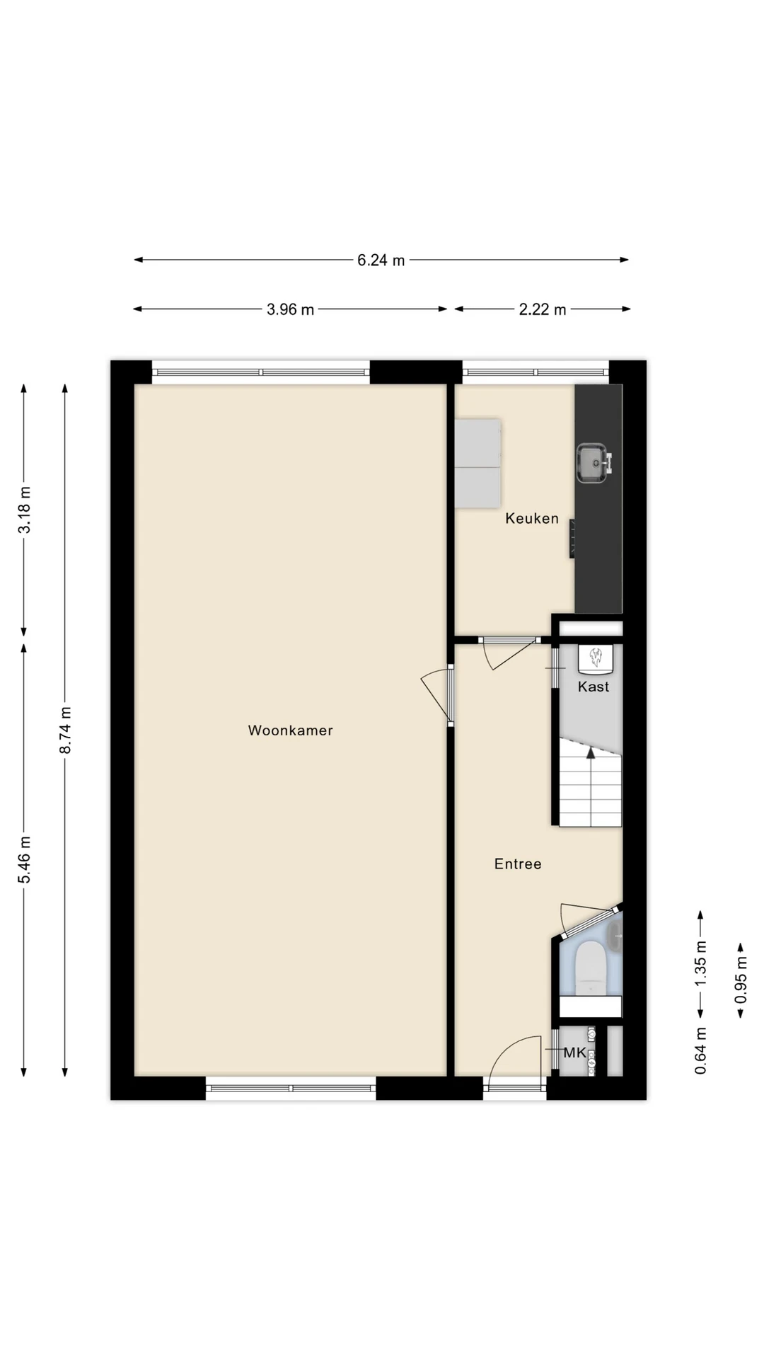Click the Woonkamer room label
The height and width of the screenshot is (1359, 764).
pos(290,730)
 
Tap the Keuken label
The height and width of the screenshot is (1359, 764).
pos(532,519)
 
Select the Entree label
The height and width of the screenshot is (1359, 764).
pos(518,864)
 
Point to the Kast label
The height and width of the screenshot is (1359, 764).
pos(593,687)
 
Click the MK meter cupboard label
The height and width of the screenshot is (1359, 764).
pos(574,1053)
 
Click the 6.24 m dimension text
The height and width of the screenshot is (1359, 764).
pos(381,260)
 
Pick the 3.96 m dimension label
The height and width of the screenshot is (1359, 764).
pos(290,309)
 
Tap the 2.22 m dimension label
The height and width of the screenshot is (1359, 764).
pos(543,309)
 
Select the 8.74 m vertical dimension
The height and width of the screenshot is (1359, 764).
pos(65,730)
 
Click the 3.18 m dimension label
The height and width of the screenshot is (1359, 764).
pos(24,510)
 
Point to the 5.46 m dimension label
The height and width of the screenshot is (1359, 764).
pos(24,859)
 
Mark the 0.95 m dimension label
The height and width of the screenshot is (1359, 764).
pos(741,980)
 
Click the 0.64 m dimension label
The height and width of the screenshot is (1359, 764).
pos(700,1050)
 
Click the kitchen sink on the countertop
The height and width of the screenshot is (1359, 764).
pos(593,463)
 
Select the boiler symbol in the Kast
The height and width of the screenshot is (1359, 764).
pos(595,659)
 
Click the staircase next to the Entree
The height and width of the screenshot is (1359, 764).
pos(591,783)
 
